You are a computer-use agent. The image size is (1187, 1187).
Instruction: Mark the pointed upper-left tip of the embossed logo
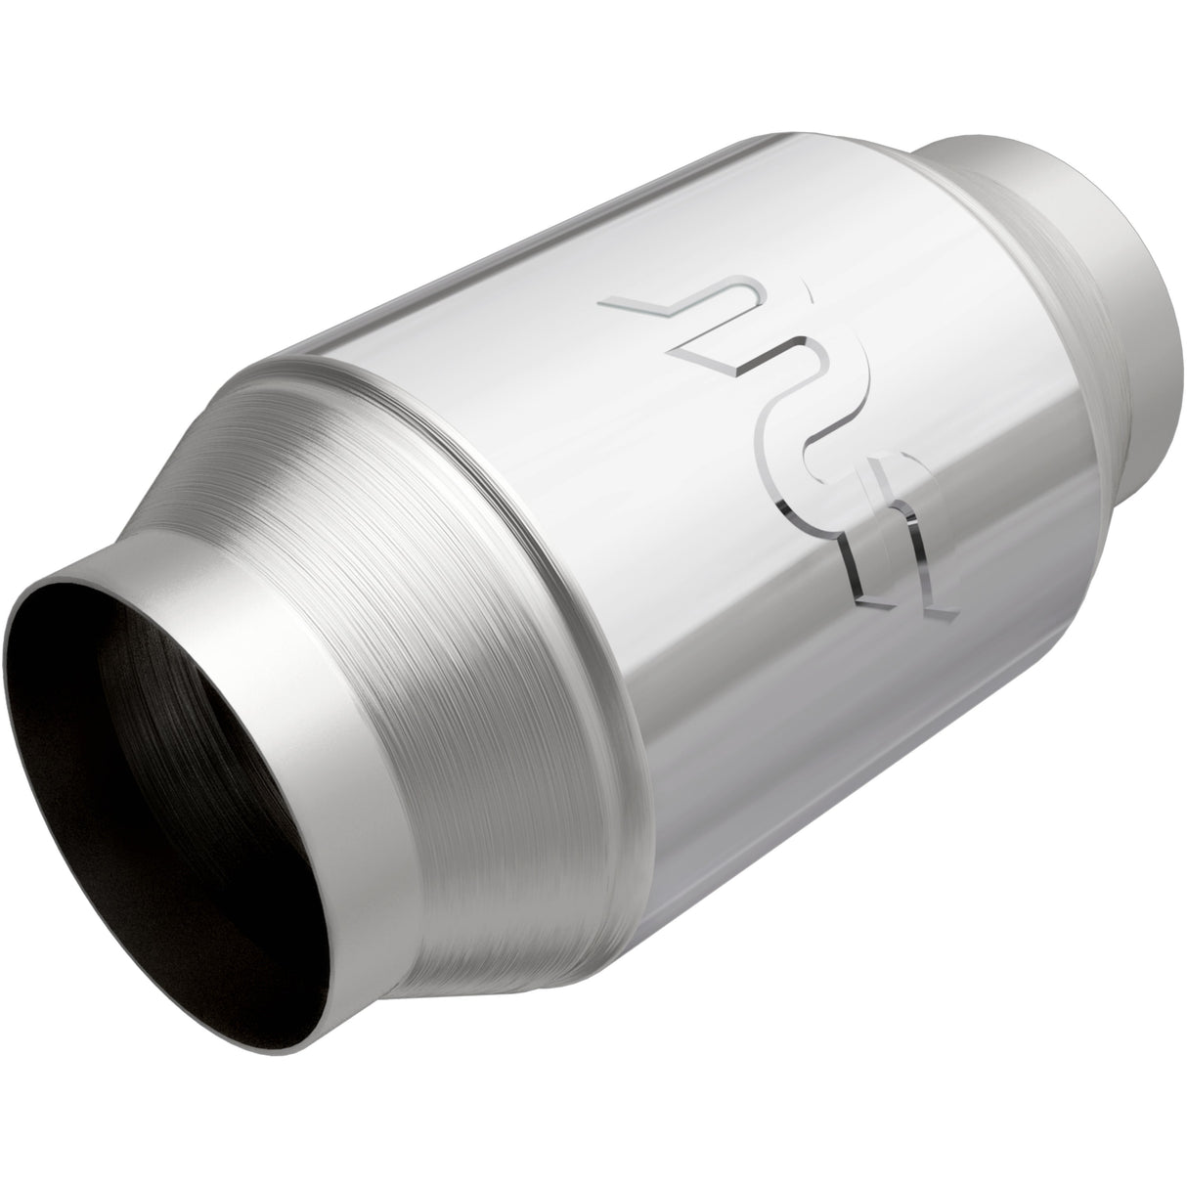click(611, 305)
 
